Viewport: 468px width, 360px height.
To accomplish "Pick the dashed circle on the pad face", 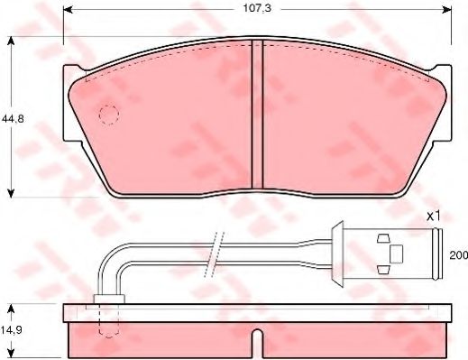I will click(x=109, y=115).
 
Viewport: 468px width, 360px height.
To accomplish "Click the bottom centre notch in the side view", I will click(x=259, y=345).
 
